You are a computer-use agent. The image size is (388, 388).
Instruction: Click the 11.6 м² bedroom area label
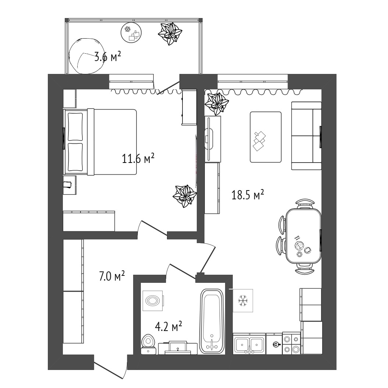coord(138,159)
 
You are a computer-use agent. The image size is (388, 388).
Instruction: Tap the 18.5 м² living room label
coord(248,195)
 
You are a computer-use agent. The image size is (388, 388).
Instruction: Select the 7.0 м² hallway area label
coord(111,276)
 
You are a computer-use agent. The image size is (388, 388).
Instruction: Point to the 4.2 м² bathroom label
coord(168,327)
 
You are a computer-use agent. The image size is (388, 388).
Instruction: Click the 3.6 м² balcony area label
coord(108,57)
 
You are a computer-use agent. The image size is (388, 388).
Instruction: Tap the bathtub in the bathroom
coord(212,321)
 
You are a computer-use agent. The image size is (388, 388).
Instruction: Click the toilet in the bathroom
coord(148,344)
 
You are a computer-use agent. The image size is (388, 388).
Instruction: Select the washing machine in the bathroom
coord(153,300)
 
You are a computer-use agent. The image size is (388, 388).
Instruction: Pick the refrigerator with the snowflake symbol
coord(243,300)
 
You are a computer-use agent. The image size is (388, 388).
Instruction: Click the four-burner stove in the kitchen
coord(292,343)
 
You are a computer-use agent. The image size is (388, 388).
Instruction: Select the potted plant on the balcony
coord(170,34)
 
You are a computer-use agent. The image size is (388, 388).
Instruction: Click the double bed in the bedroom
coord(100,142)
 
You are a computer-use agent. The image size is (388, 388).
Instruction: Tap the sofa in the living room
coord(306,136)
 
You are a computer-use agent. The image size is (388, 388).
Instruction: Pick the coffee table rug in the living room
coord(266,137)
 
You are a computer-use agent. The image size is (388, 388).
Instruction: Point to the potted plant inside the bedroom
coord(185,196)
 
